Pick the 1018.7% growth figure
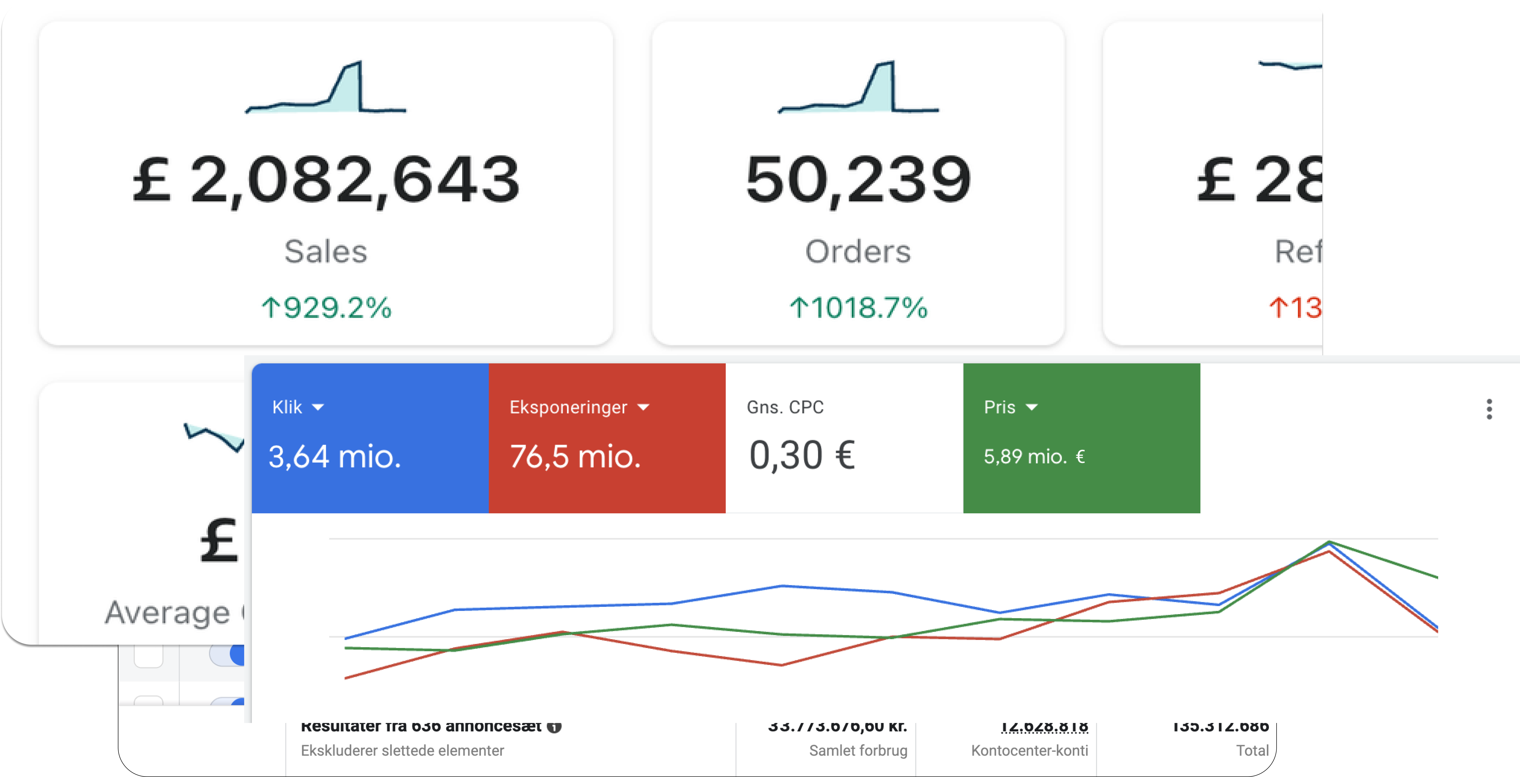(x=858, y=308)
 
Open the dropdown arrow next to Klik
(x=318, y=407)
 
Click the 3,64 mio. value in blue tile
(x=335, y=456)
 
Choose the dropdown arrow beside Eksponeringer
(x=644, y=407)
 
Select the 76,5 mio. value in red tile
(x=575, y=456)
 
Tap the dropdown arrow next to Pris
(x=1031, y=407)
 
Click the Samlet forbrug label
(x=858, y=750)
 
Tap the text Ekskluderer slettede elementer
(x=402, y=750)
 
